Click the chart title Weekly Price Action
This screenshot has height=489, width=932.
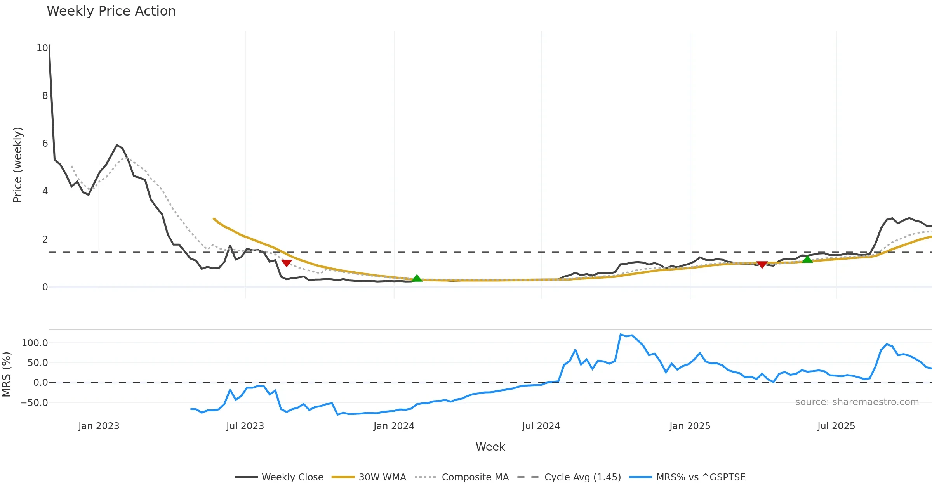(x=111, y=11)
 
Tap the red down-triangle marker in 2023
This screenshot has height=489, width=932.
(x=287, y=263)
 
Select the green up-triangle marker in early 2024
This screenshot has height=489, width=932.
(x=417, y=278)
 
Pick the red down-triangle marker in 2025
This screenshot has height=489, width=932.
(x=762, y=265)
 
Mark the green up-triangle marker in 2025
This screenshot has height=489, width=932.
(x=807, y=259)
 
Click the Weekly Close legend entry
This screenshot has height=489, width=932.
(x=279, y=477)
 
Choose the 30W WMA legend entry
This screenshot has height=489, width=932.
(x=369, y=477)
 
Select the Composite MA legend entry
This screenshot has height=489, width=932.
(x=462, y=477)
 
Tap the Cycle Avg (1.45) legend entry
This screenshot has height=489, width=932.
(x=569, y=477)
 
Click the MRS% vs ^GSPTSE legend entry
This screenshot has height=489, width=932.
(x=687, y=477)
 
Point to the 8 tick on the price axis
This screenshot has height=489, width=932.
(x=45, y=96)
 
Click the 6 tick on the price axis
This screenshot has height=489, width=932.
(x=45, y=144)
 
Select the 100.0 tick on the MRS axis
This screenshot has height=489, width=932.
(x=35, y=343)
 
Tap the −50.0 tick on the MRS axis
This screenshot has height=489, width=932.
(x=34, y=403)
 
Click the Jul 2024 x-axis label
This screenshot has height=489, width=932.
(x=541, y=426)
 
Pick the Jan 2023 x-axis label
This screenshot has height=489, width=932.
(x=99, y=426)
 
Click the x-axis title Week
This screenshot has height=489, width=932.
(x=490, y=447)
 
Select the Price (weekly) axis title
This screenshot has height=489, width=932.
(x=17, y=165)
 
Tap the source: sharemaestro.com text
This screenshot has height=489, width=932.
(x=857, y=402)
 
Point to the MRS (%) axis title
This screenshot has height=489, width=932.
(x=7, y=375)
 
